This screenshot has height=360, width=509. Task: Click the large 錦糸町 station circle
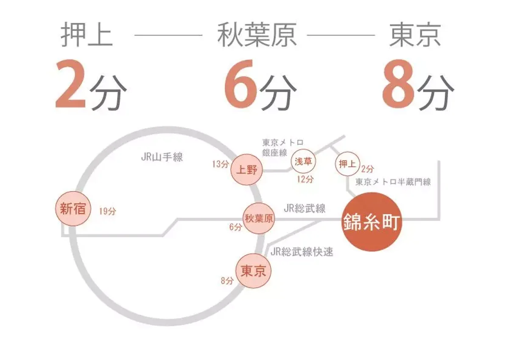[371, 222]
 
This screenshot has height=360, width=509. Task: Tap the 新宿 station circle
[73, 208]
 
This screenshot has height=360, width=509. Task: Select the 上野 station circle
[246, 170]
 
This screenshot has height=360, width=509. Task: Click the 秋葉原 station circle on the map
[259, 219]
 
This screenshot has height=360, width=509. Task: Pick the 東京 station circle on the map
[253, 271]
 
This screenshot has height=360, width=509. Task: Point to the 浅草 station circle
[303, 161]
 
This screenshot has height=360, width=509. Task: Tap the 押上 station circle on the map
[347, 164]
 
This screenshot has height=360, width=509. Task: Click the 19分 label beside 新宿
[107, 211]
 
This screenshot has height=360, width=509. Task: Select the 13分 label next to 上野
[221, 164]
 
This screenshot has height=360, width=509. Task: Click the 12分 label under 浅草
[305, 180]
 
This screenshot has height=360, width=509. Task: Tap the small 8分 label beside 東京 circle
[227, 281]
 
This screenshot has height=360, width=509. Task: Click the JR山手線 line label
[162, 157]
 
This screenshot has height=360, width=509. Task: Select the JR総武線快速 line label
[302, 252]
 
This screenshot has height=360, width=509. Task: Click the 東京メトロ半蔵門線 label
[393, 182]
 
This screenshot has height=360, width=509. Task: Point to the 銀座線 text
[274, 152]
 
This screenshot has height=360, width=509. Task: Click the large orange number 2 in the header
[71, 84]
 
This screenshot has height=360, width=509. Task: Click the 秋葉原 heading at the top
[257, 34]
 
